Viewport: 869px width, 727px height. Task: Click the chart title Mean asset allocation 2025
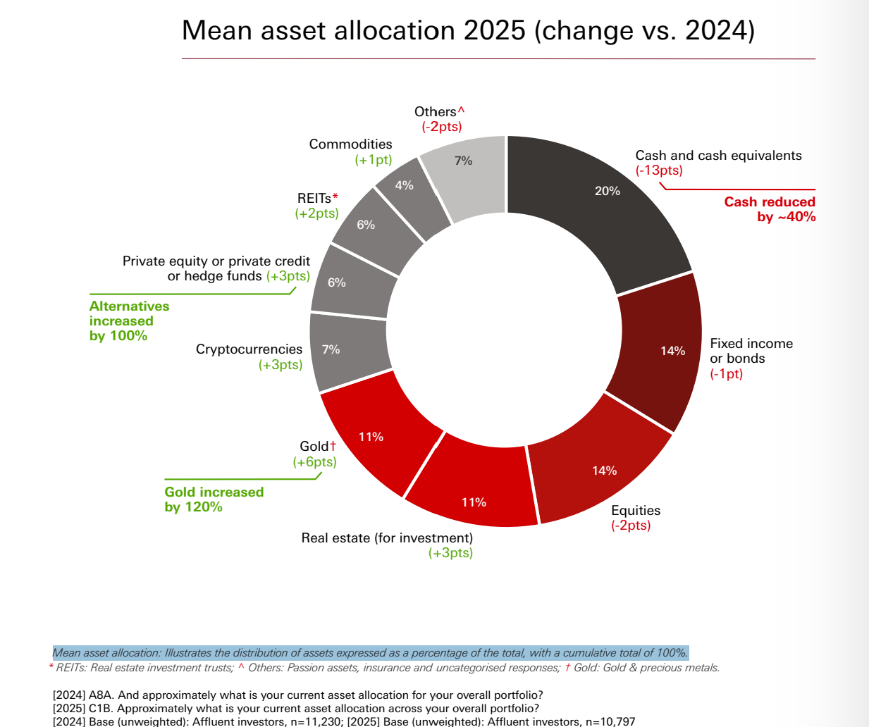point(468,31)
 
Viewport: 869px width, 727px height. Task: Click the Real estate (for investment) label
point(387,538)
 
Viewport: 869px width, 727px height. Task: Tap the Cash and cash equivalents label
point(718,156)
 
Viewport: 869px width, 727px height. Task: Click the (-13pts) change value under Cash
point(659,170)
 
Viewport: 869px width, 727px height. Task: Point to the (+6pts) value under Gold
point(314,462)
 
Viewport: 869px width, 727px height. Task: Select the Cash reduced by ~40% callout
point(770,209)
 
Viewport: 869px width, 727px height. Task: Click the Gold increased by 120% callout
point(214,499)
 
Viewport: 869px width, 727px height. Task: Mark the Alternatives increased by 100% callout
point(129,321)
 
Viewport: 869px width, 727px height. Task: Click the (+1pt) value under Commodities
point(373,160)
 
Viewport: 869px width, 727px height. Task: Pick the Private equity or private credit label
point(216,261)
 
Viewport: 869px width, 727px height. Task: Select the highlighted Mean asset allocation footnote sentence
point(370,653)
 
